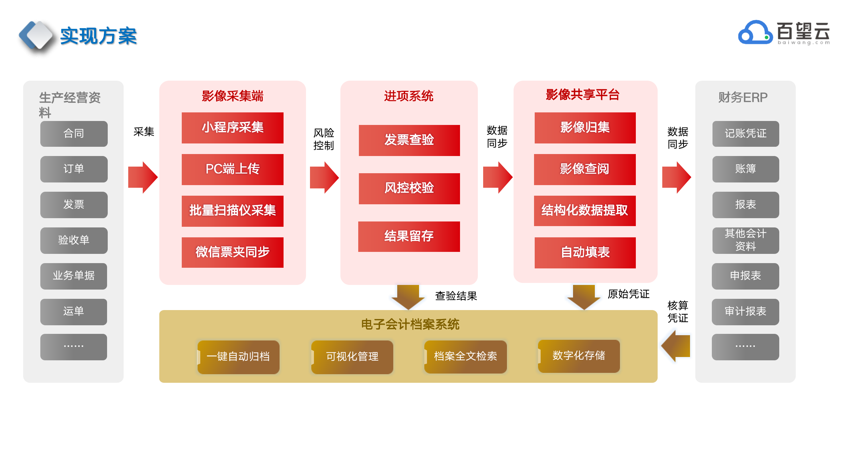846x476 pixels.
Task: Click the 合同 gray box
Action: [x=74, y=134]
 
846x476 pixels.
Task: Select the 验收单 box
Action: [x=74, y=240]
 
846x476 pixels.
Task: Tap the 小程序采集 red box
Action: [x=232, y=128]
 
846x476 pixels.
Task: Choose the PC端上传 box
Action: [x=232, y=169]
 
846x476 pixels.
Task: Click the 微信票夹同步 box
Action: [x=232, y=252]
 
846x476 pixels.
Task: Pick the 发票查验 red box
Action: [x=409, y=140]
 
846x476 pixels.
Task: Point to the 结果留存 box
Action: [x=409, y=236]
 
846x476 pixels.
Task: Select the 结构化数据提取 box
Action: [x=585, y=211]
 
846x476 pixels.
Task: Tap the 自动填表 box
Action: [x=585, y=253]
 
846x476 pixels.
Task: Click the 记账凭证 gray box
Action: [x=746, y=134]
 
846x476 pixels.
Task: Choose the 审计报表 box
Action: [x=745, y=312]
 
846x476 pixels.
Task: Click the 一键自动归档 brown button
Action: [x=238, y=357]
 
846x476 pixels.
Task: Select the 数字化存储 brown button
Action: [x=579, y=356]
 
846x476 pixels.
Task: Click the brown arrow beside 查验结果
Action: [x=408, y=297]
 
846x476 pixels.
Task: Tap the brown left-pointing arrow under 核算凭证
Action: [x=676, y=346]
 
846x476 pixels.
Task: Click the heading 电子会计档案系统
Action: [x=410, y=325]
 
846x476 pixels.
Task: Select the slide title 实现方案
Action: [x=98, y=36]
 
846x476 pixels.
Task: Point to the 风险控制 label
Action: [x=324, y=139]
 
